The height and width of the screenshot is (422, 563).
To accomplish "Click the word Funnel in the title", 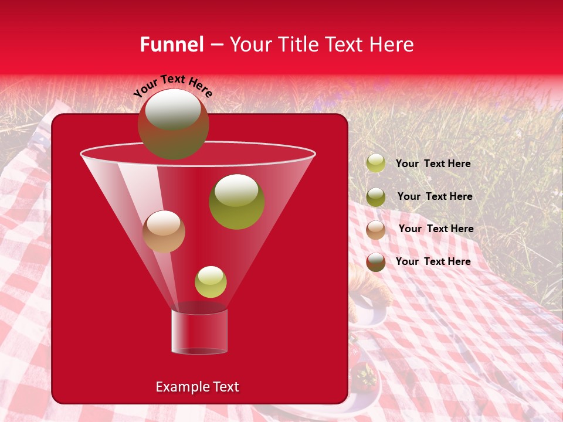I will click(172, 45).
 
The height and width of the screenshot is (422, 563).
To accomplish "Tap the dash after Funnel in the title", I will click(216, 45).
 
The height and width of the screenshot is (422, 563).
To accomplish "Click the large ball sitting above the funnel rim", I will click(173, 124).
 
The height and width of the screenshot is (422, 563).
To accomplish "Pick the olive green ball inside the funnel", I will click(236, 201).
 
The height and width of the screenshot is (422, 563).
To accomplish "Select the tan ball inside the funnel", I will click(164, 231).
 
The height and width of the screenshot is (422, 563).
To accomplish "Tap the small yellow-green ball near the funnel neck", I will click(211, 281).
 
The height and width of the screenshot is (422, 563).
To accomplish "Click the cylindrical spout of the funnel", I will click(199, 331).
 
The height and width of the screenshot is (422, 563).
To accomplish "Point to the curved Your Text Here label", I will click(173, 86).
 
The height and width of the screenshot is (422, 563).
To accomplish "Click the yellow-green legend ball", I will click(376, 164).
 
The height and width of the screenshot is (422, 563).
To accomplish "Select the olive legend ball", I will click(376, 197).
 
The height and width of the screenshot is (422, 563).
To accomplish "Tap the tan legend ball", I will click(376, 230).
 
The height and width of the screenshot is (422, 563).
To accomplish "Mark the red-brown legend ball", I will click(376, 262).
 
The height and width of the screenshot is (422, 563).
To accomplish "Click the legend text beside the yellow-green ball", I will click(433, 164).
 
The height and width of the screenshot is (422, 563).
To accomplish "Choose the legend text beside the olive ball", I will click(435, 196).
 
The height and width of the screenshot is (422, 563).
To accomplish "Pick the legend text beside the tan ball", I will click(436, 229).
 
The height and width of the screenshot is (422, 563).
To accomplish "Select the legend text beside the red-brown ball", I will click(433, 261).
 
